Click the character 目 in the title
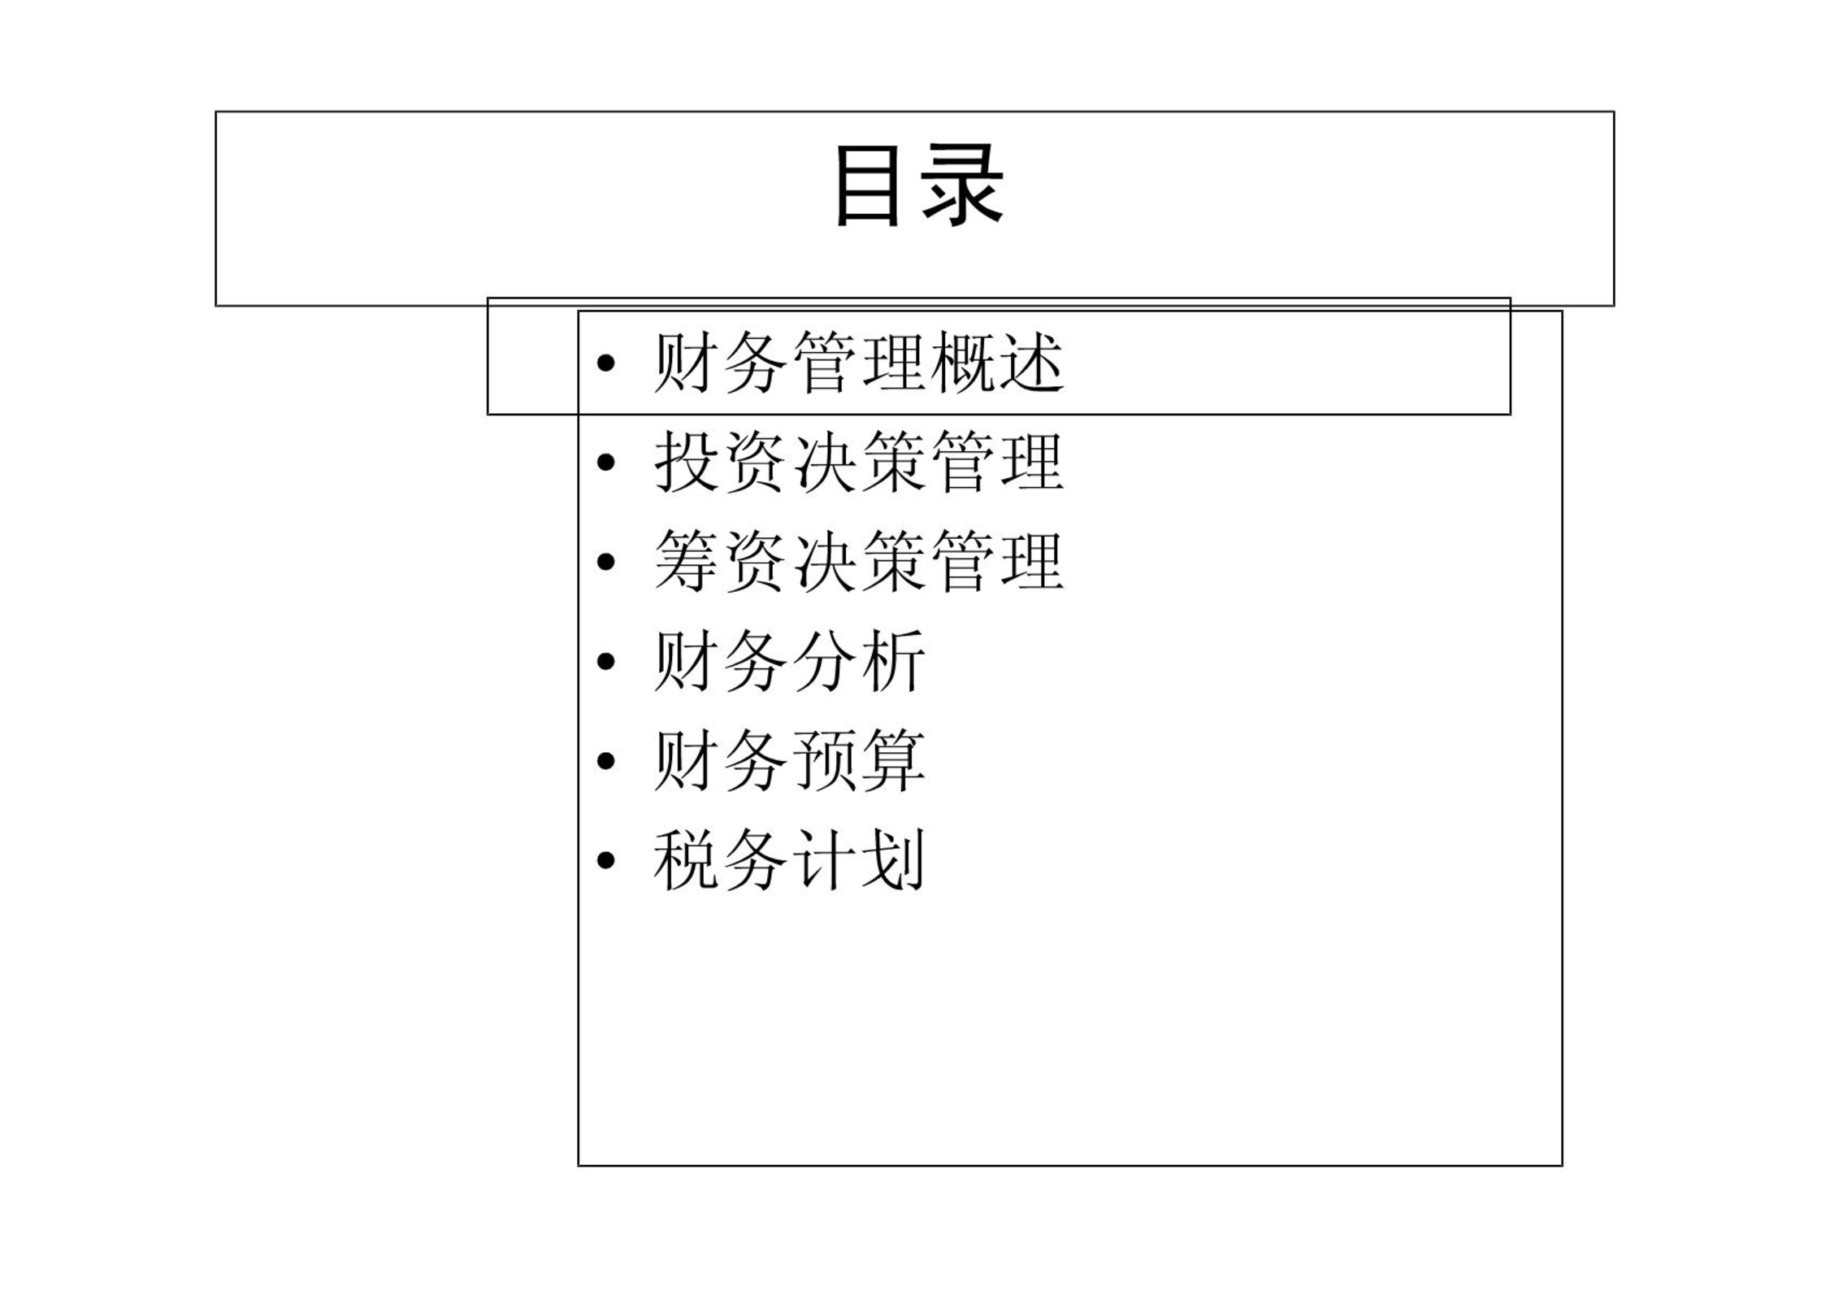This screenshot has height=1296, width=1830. click(x=868, y=185)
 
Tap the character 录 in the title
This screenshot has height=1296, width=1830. click(x=963, y=185)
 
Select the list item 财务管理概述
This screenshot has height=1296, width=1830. click(x=859, y=363)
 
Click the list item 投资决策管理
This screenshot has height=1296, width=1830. click(x=859, y=462)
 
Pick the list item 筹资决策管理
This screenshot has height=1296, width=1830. click(x=859, y=561)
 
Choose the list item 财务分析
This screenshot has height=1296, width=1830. click(x=790, y=661)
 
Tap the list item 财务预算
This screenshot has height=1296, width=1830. click(x=790, y=760)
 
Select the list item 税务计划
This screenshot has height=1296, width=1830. click(x=790, y=859)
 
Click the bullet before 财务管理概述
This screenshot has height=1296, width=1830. click(x=605, y=363)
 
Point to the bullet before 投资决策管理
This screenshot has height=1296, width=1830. click(x=605, y=463)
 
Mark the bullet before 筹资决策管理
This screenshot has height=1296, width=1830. click(x=605, y=562)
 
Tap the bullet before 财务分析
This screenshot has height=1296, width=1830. click(x=605, y=662)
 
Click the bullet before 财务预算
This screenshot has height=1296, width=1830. click(x=605, y=761)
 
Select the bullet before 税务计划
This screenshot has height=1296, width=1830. click(x=605, y=860)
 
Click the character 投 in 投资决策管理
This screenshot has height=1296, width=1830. click(x=687, y=462)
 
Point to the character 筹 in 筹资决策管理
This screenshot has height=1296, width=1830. click(x=687, y=561)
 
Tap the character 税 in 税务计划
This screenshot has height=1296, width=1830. click(x=687, y=859)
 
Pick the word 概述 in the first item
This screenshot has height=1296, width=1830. click(x=997, y=363)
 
